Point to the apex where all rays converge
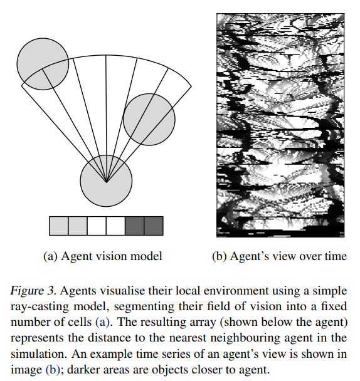pyautogui.click(x=106, y=182)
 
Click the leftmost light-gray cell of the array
pyautogui.click(x=58, y=226)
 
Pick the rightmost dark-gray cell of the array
pyautogui.click(x=154, y=226)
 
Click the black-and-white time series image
pyautogui.click(x=280, y=125)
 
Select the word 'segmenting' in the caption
pyautogui.click(x=144, y=307)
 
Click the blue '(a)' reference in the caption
pyautogui.click(x=102, y=323)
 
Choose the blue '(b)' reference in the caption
pyautogui.click(x=53, y=370)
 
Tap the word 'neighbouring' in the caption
pyautogui.click(x=245, y=338)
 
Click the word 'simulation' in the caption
pyautogui.click(x=38, y=354)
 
